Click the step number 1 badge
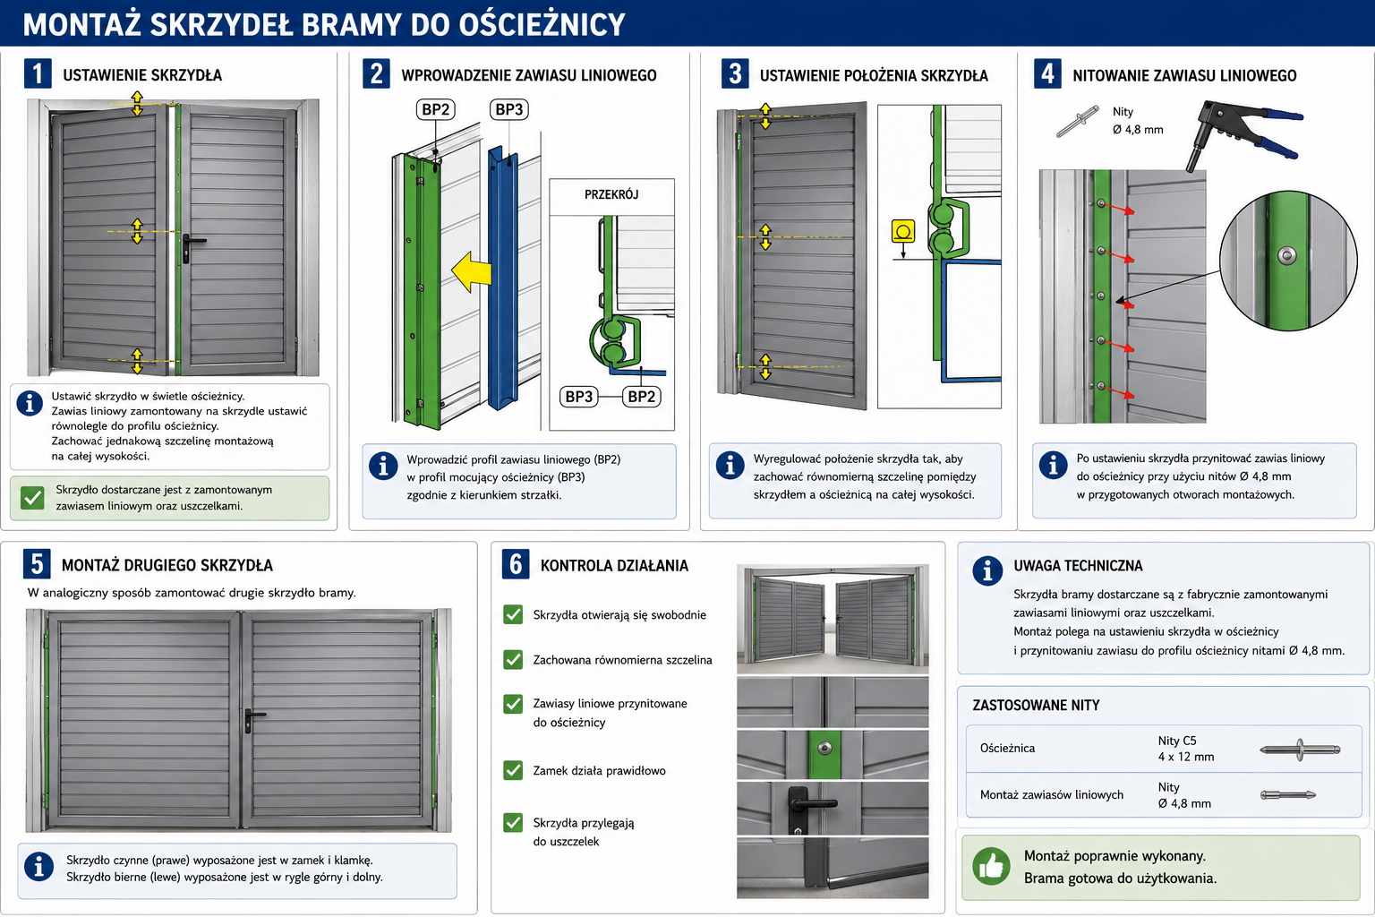[38, 73]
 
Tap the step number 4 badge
[1047, 74]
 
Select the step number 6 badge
[516, 564]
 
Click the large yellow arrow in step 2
[472, 271]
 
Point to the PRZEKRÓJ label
[611, 194]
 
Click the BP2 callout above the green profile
[436, 109]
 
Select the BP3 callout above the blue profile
[508, 109]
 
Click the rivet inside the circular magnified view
[1287, 255]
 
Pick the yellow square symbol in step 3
[903, 231]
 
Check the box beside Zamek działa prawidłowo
[513, 770]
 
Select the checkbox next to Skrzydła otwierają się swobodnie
[513, 614]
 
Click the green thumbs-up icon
[991, 866]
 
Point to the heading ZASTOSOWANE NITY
[1036, 705]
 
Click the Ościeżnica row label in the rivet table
[1007, 748]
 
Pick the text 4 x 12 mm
[1186, 758]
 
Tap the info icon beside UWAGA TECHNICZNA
[987, 571]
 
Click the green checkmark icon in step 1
[32, 498]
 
